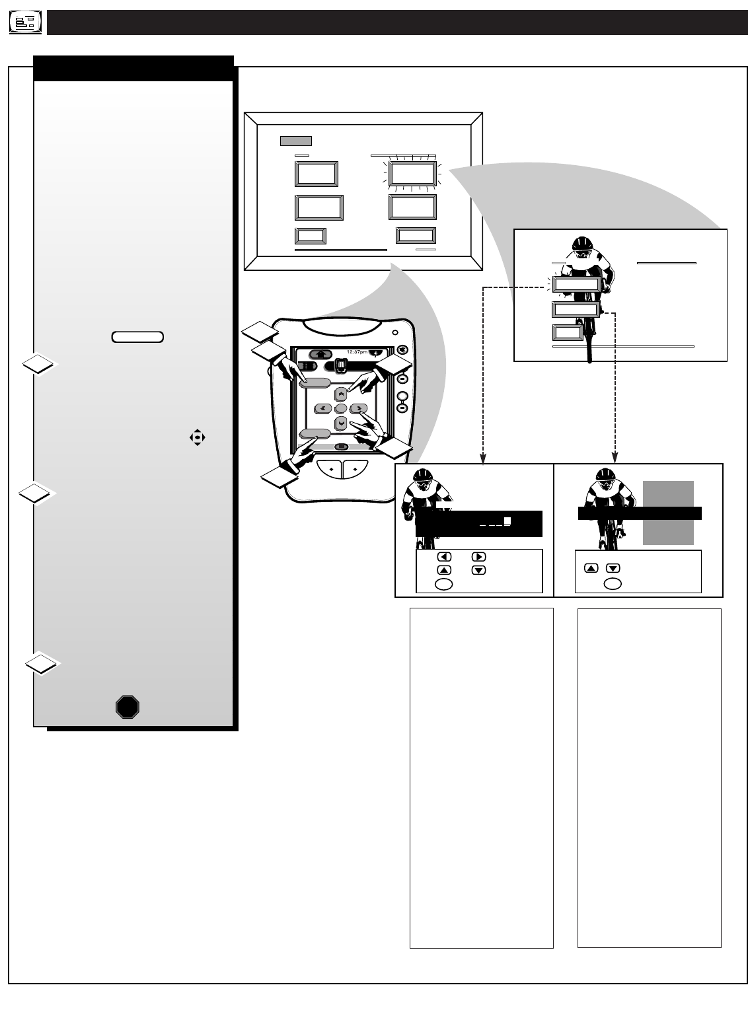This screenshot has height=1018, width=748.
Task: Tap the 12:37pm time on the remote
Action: point(357,351)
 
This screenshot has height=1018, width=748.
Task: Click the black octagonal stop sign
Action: point(127,707)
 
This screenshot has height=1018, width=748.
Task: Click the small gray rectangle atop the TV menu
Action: point(295,141)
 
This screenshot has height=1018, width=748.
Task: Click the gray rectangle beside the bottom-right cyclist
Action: point(668,512)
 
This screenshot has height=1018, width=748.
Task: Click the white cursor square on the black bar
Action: point(507,521)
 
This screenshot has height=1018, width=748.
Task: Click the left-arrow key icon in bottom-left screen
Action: point(445,556)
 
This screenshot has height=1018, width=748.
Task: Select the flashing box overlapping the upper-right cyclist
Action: point(576,285)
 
